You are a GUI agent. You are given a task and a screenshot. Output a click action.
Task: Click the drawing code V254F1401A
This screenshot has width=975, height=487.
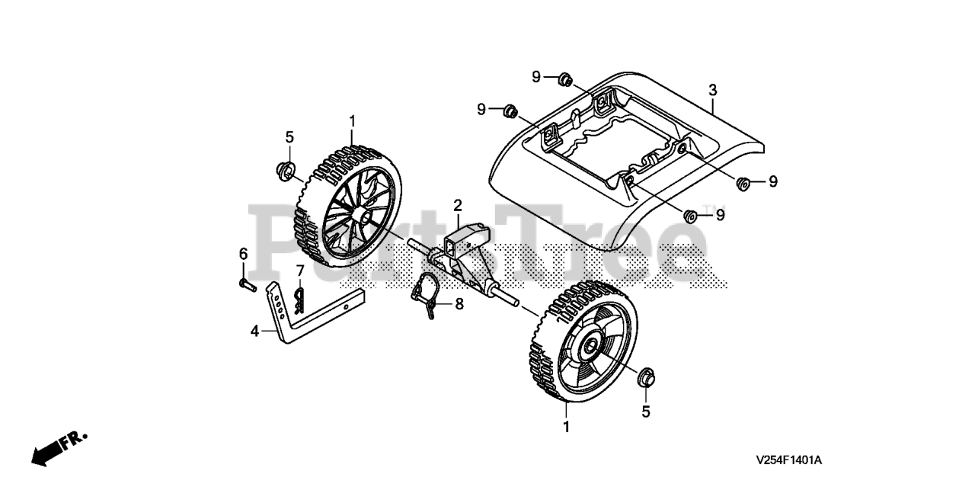tap(789, 460)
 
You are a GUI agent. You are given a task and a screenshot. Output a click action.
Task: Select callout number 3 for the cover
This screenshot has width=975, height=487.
tap(712, 90)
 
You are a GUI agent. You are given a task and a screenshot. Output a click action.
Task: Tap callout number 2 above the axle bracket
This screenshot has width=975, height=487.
tap(458, 205)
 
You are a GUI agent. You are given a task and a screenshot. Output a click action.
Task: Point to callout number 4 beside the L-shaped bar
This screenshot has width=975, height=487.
tap(255, 331)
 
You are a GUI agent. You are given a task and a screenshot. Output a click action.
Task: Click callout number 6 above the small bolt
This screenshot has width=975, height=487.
tap(244, 254)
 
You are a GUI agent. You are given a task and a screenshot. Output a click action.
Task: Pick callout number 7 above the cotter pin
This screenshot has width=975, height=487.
tap(300, 270)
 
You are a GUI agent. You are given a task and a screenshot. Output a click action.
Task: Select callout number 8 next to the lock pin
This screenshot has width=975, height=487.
tap(459, 304)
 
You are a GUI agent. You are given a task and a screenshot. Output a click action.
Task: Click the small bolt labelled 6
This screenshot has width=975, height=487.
tap(245, 285)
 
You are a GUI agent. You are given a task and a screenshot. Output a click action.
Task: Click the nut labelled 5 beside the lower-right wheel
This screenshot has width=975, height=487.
tap(645, 376)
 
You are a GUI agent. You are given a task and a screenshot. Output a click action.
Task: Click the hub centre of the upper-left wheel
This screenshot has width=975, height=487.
tap(360, 216)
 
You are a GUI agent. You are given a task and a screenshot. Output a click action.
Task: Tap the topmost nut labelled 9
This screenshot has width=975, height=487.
tap(564, 78)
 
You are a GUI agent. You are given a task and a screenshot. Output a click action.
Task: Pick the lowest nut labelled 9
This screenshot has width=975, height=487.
tap(691, 216)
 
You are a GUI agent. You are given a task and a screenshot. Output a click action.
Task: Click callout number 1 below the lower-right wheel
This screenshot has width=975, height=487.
tap(566, 427)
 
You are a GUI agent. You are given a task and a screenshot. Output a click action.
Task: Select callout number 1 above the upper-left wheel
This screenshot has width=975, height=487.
tap(352, 120)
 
